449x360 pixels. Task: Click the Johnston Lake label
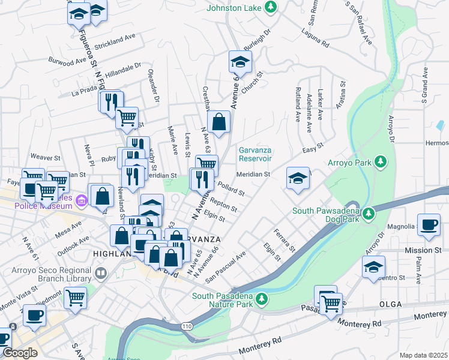tap(235, 8)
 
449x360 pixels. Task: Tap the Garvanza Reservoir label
tap(255, 154)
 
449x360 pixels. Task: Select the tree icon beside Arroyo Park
tap(379, 162)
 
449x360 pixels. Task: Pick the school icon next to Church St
tap(240, 62)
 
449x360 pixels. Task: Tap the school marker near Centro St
tap(373, 266)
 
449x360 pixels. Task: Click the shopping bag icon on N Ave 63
tap(220, 122)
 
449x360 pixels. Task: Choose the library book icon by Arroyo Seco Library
tap(101, 274)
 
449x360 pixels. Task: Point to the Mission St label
tap(426, 250)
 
